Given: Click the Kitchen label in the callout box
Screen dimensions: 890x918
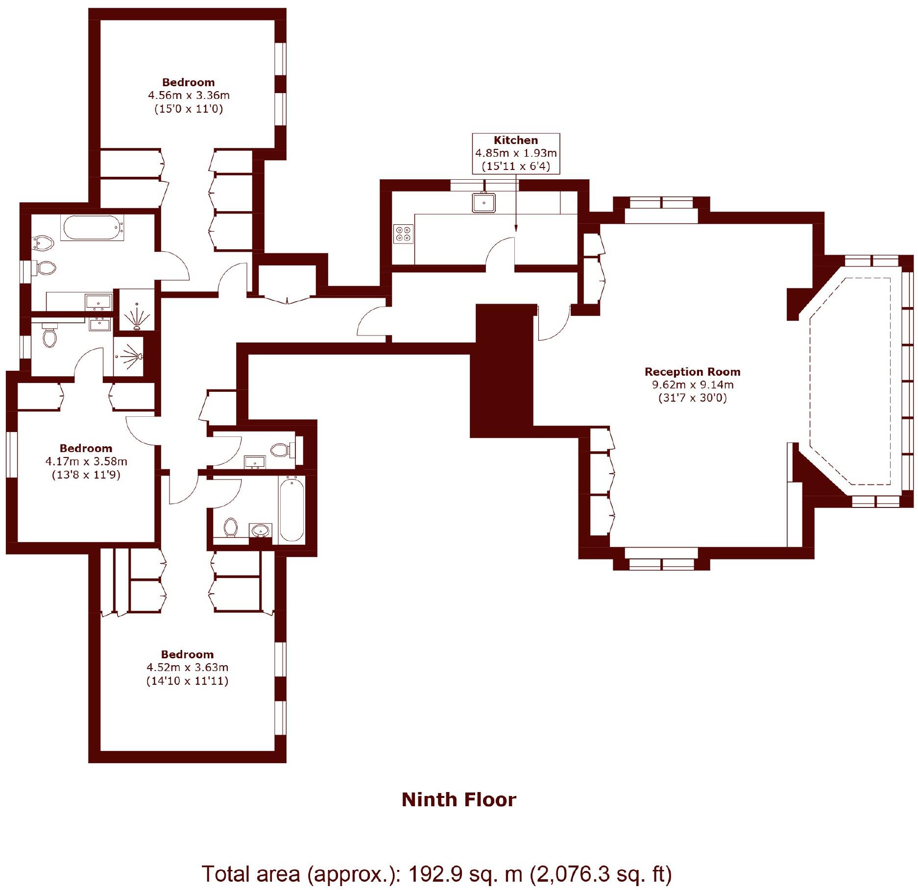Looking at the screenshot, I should tap(515, 140).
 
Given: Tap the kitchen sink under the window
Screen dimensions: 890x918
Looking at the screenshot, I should tap(483, 202).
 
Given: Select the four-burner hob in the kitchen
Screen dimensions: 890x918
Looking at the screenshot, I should tap(403, 234).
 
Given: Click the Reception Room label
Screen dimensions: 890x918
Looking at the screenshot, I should tap(692, 372).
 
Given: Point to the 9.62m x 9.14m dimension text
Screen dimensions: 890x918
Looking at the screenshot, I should tap(692, 385).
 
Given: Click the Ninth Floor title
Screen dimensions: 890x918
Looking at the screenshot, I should tap(459, 800).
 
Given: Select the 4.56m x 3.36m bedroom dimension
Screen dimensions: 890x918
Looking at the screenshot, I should tap(189, 95).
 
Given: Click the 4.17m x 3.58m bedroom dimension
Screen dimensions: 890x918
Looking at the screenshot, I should tap(86, 461).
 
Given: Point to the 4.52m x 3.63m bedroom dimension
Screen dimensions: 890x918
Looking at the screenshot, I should tap(187, 667).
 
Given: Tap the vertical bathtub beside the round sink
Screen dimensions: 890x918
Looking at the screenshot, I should tap(291, 510).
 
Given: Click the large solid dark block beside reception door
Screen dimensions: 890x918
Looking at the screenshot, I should tap(503, 371).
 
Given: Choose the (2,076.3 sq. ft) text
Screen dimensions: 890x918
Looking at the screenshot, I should tap(601, 873).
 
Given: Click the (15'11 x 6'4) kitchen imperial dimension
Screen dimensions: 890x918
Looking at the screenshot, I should tap(515, 166).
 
